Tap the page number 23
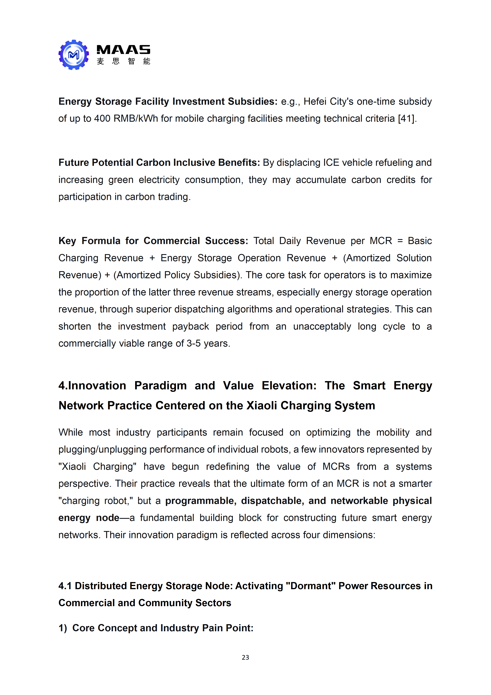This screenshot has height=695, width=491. coord(245,657)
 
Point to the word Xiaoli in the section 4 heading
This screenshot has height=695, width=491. coord(262,406)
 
